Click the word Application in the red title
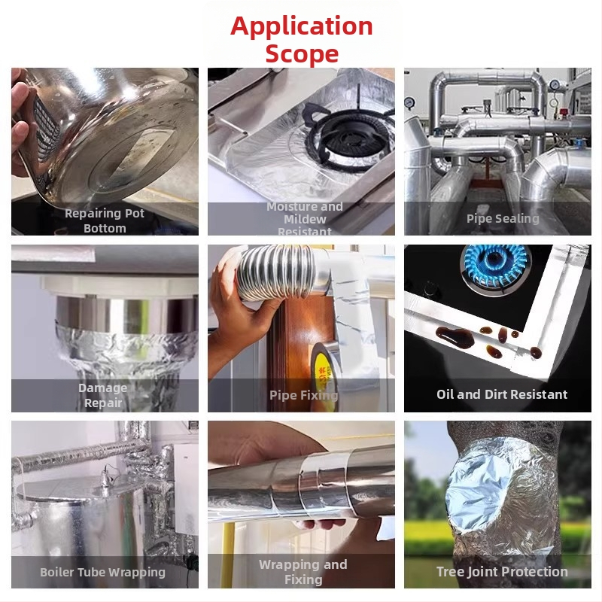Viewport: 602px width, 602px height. (x=302, y=27)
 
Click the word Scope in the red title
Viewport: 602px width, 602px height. (x=302, y=53)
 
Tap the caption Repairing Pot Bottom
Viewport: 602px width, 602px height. (x=105, y=220)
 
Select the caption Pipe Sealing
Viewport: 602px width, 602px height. (x=503, y=218)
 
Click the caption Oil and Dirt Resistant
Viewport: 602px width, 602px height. (x=502, y=394)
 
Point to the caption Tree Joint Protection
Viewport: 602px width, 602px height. (x=502, y=572)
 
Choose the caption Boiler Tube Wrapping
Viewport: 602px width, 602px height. (x=102, y=572)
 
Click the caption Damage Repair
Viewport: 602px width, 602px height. (x=103, y=396)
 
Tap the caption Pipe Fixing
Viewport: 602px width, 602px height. (x=304, y=395)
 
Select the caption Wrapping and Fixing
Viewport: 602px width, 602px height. (x=303, y=572)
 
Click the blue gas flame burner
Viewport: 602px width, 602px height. (x=495, y=266)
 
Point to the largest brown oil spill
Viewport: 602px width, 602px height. (x=455, y=336)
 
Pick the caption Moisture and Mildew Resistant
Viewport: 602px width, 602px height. (x=305, y=219)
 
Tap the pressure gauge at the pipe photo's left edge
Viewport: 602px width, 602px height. (x=409, y=103)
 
